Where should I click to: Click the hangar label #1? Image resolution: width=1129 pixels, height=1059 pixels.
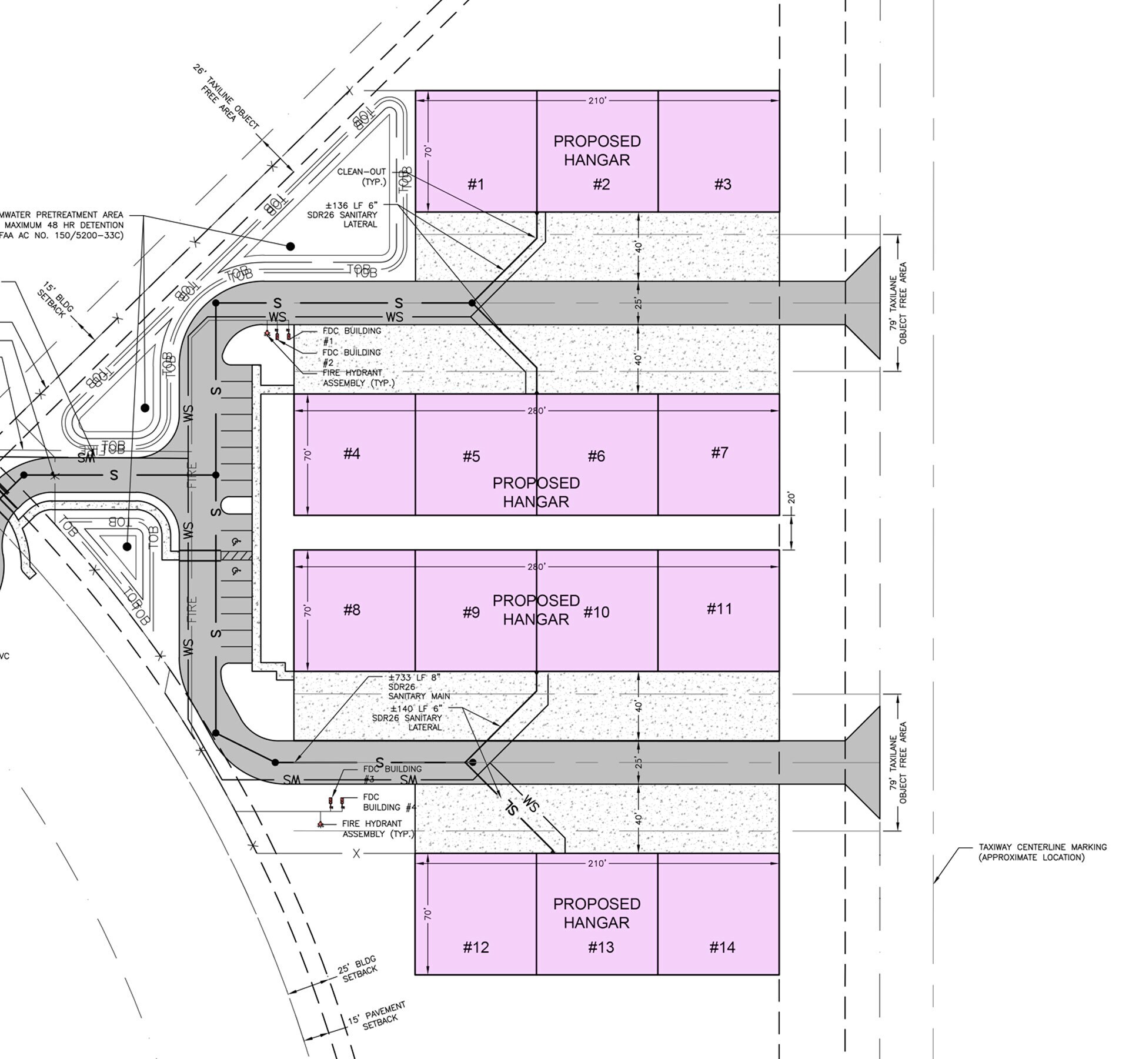point(476,185)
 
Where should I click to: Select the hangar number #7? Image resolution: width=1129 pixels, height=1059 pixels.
point(720,453)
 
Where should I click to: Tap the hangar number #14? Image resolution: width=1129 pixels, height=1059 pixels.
point(722,947)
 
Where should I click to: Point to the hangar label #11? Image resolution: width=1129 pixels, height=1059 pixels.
point(720,609)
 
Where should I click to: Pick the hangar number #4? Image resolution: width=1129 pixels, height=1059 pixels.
point(352,454)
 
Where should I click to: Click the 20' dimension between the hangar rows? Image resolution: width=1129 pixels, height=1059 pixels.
point(791,499)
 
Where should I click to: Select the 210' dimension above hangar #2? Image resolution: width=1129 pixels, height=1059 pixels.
point(597,101)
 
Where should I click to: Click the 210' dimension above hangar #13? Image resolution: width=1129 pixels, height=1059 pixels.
point(597,863)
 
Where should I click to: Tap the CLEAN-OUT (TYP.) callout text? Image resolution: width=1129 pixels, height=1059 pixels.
point(362,177)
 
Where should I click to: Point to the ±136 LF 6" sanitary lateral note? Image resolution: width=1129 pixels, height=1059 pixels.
point(352,215)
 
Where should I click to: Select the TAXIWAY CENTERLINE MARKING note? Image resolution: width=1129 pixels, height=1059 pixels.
point(1042,852)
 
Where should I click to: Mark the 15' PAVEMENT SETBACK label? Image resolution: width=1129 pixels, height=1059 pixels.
point(376,1015)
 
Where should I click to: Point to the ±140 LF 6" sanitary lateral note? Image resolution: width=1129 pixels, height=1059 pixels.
point(408,718)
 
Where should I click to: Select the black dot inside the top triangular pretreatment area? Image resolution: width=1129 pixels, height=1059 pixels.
point(290,246)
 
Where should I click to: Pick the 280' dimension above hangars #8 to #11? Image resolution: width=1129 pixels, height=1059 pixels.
point(536,567)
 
